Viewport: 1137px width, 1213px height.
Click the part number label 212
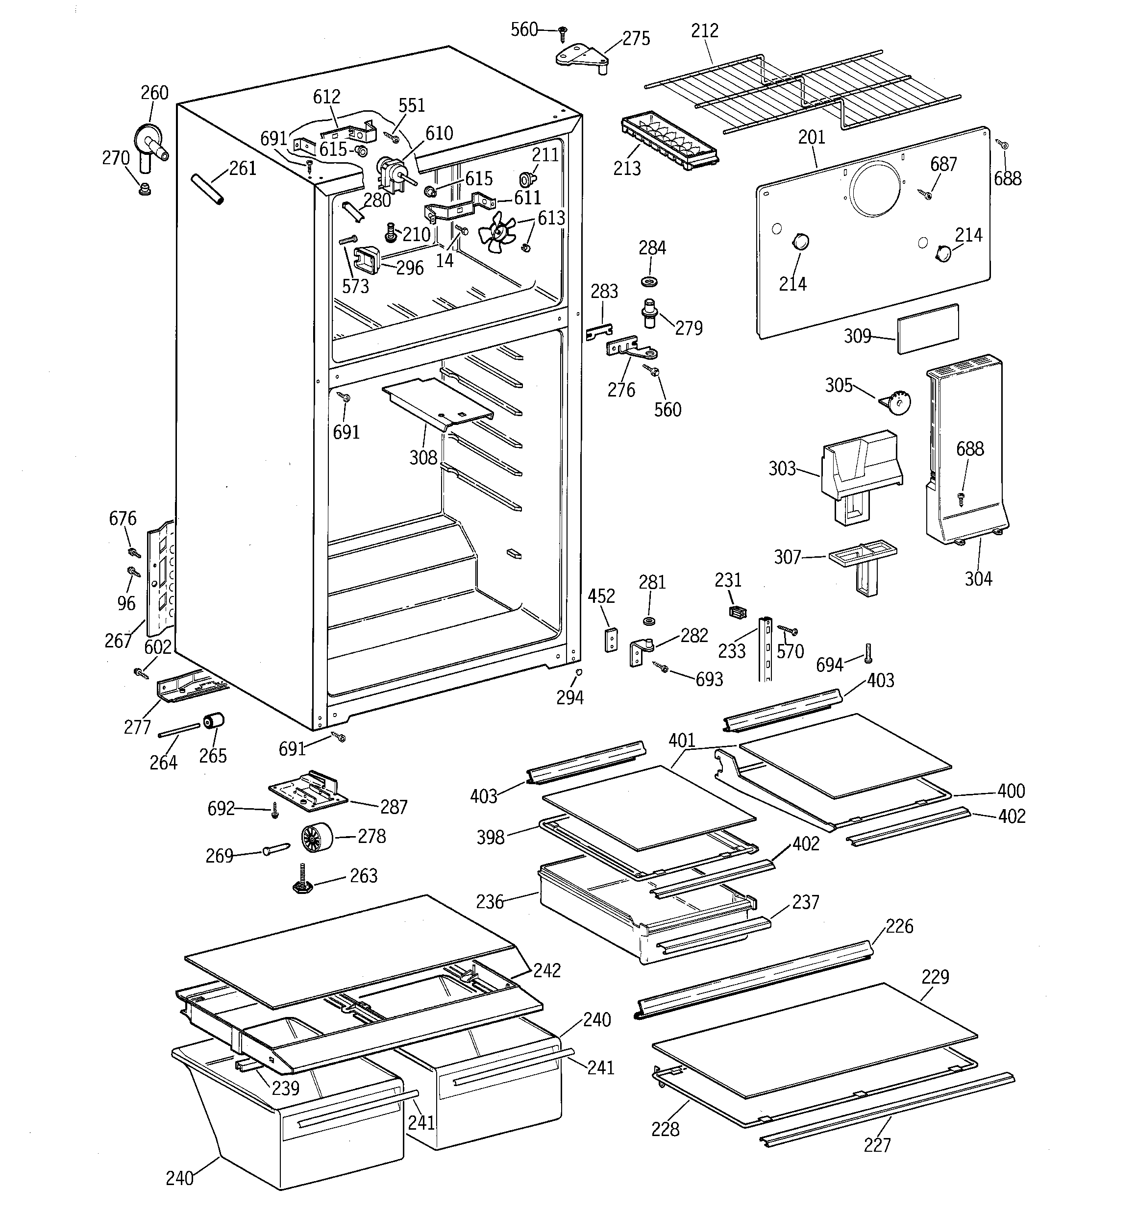point(704,30)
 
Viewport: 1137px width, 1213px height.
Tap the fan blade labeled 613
point(497,232)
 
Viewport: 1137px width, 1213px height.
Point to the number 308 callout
point(423,458)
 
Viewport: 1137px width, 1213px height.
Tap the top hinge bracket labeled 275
point(583,58)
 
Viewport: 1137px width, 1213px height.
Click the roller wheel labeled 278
point(317,837)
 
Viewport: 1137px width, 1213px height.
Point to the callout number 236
point(490,902)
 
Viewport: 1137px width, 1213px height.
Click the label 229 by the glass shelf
point(935,977)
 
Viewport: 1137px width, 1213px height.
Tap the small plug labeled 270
point(145,188)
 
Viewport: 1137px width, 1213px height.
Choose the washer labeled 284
point(650,281)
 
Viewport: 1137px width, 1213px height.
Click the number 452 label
point(601,596)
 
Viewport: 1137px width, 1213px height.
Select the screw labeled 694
point(868,653)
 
